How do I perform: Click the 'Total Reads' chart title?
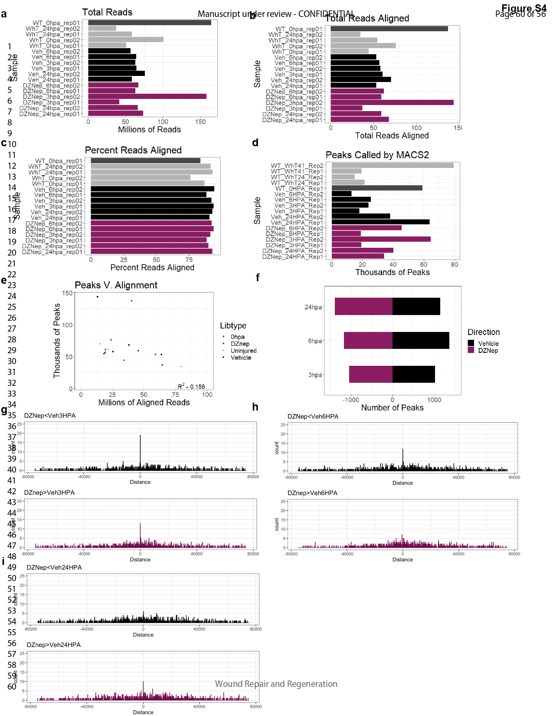pyautogui.click(x=107, y=12)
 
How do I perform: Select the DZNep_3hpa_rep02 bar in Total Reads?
pyautogui.click(x=147, y=97)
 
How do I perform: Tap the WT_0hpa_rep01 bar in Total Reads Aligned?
pyautogui.click(x=389, y=29)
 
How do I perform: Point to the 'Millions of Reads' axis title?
pyautogui.click(x=149, y=129)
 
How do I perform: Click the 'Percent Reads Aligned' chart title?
pyautogui.click(x=133, y=150)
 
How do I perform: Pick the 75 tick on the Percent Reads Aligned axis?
pyautogui.click(x=189, y=260)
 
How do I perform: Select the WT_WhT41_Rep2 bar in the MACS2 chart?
pyautogui.click(x=393, y=165)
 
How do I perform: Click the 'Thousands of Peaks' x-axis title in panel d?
pyautogui.click(x=393, y=272)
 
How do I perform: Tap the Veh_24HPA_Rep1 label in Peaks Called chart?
pyautogui.click(x=297, y=223)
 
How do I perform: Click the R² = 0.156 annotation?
pyautogui.click(x=191, y=386)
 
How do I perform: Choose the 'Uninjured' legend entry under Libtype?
pyautogui.click(x=243, y=351)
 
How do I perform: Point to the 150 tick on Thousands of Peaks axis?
pyautogui.click(x=67, y=293)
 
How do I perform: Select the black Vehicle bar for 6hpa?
pyautogui.click(x=421, y=341)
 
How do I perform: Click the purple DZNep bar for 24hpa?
pyautogui.click(x=363, y=306)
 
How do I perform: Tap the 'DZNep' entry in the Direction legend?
pyautogui.click(x=488, y=351)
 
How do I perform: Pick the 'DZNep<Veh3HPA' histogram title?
pyautogui.click(x=50, y=416)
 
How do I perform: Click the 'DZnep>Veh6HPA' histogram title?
pyautogui.click(x=312, y=493)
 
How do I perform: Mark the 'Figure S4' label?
pyautogui.click(x=524, y=8)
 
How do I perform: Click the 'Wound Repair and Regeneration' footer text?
pyautogui.click(x=276, y=684)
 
